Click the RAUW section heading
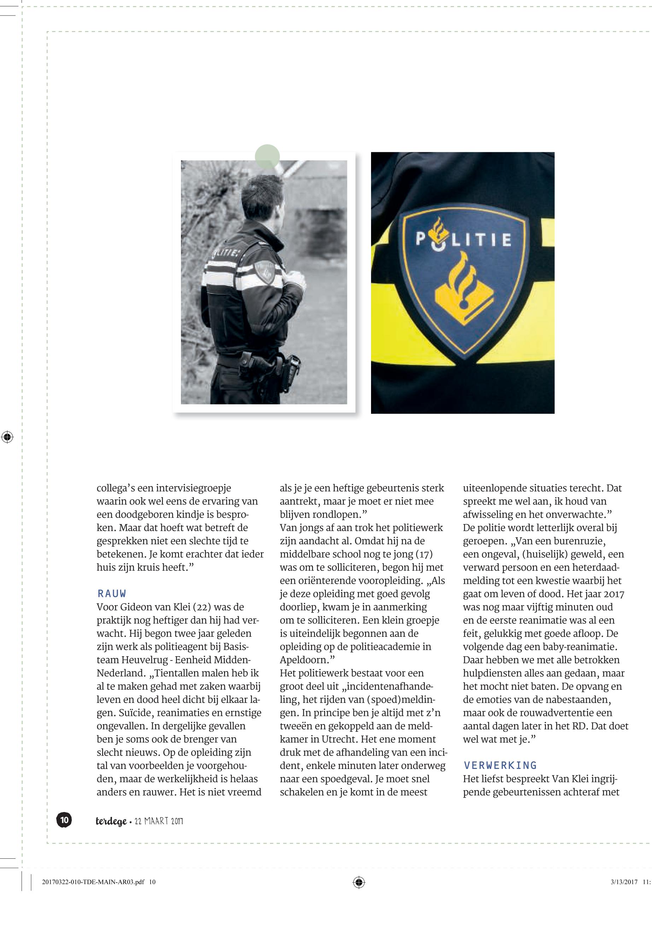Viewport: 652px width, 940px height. click(x=112, y=594)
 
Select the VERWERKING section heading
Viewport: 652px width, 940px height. click(x=500, y=765)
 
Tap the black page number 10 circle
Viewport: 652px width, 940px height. click(x=64, y=820)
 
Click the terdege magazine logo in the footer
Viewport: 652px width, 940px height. click(x=111, y=821)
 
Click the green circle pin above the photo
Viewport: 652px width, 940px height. click(x=267, y=157)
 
